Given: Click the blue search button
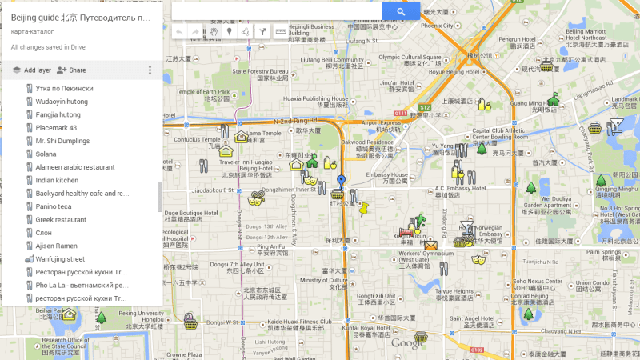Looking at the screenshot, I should pyautogui.click(x=402, y=10).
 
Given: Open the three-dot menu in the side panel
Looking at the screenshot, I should pyautogui.click(x=150, y=70).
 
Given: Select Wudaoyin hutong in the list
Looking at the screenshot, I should pyautogui.click(x=56, y=102).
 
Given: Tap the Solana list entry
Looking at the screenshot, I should pyautogui.click(x=46, y=154).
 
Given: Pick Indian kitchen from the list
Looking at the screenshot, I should pyautogui.click(x=56, y=180).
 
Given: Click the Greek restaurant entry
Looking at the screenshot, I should pyautogui.click(x=60, y=219).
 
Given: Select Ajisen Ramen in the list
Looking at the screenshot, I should pyautogui.click(x=56, y=246).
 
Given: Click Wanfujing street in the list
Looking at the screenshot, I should pyautogui.click(x=59, y=259).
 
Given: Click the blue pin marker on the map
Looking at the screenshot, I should pyautogui.click(x=342, y=182).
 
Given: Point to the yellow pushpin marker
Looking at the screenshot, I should pyautogui.click(x=365, y=209).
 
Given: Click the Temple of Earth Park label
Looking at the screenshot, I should pyautogui.click(x=200, y=92).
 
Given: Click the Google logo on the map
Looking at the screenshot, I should pyautogui.click(x=408, y=342).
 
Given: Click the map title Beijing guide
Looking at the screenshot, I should pyautogui.click(x=80, y=16).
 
